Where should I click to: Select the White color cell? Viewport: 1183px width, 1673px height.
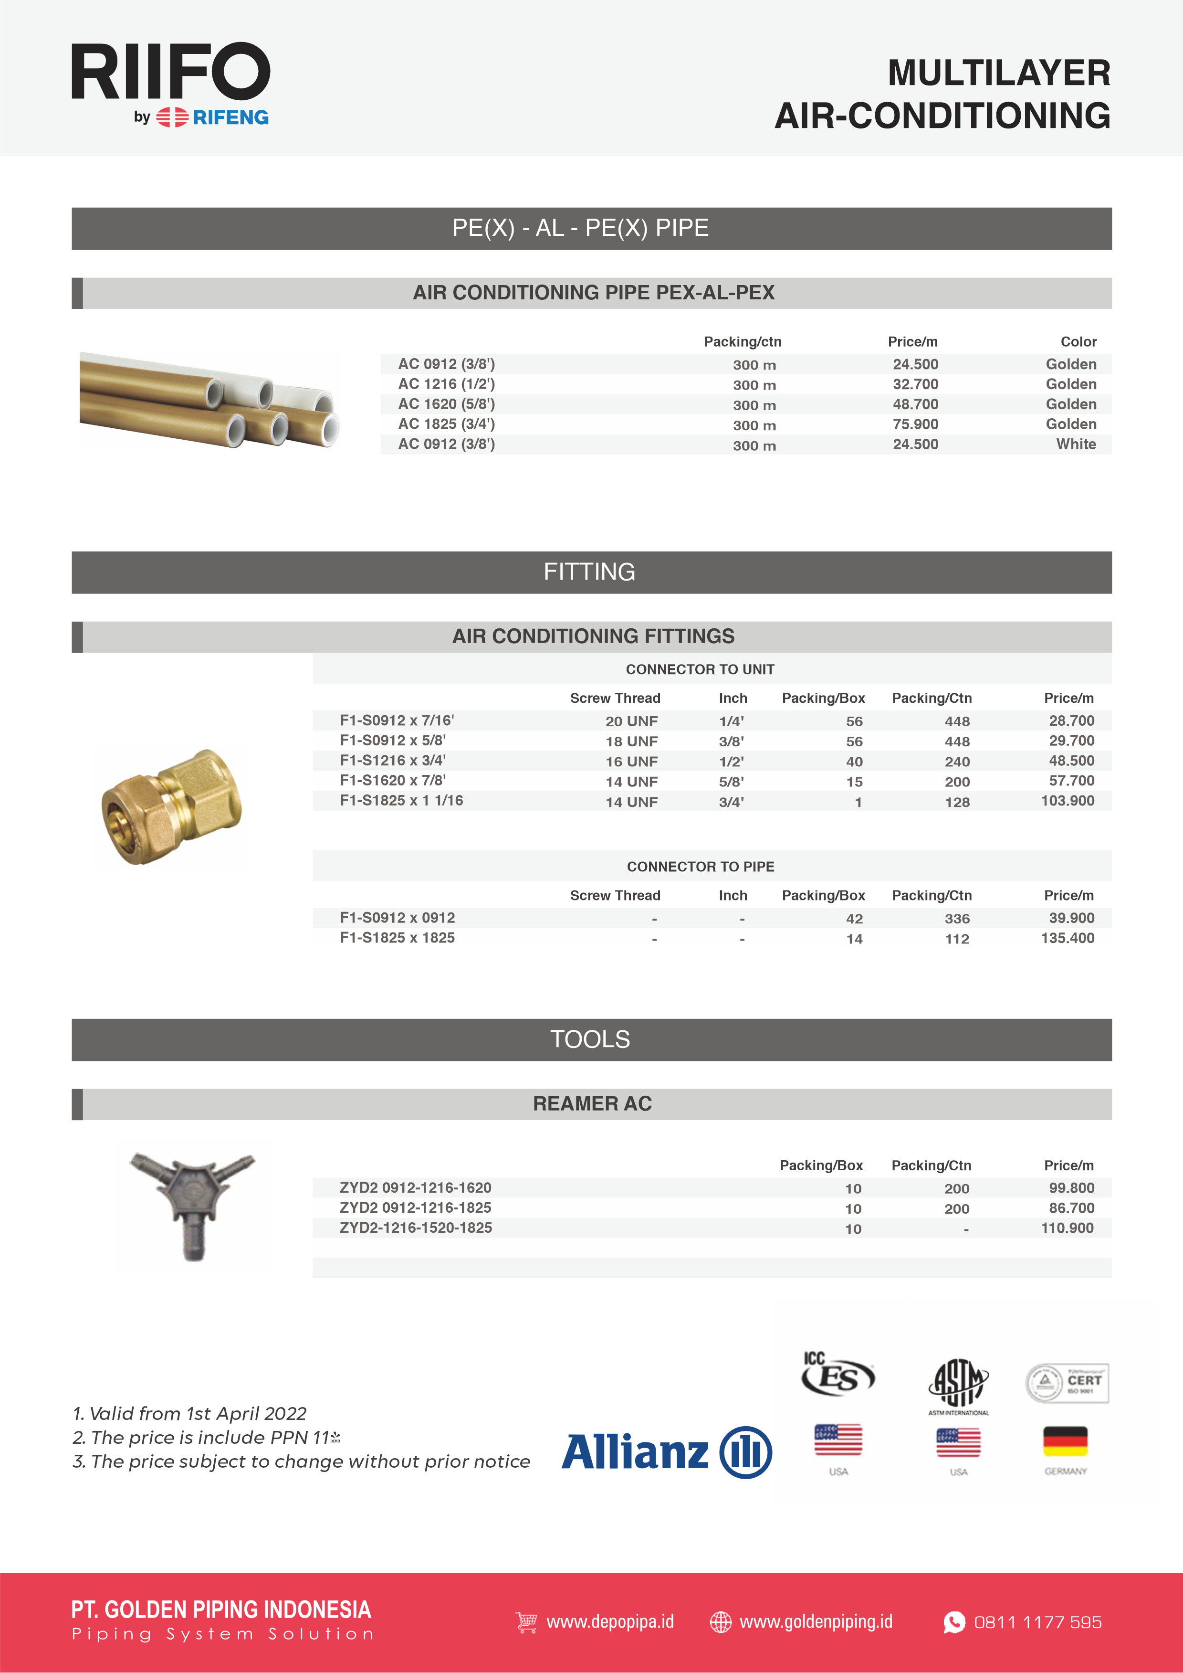tap(1076, 445)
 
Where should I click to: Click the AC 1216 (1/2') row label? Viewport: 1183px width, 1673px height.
tap(446, 384)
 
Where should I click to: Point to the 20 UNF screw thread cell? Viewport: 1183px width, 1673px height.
tap(631, 721)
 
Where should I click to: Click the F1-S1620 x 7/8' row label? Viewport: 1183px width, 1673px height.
tap(393, 780)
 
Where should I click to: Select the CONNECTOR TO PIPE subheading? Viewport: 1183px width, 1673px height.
tap(700, 867)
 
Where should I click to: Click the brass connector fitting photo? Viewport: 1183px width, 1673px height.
tap(172, 806)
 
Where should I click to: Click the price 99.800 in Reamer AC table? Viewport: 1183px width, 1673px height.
tap(1071, 1188)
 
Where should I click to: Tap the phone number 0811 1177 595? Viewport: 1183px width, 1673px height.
tap(1037, 1622)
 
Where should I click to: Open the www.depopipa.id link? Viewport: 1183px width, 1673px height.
tap(610, 1621)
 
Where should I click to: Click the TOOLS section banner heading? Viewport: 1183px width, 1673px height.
tap(590, 1039)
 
